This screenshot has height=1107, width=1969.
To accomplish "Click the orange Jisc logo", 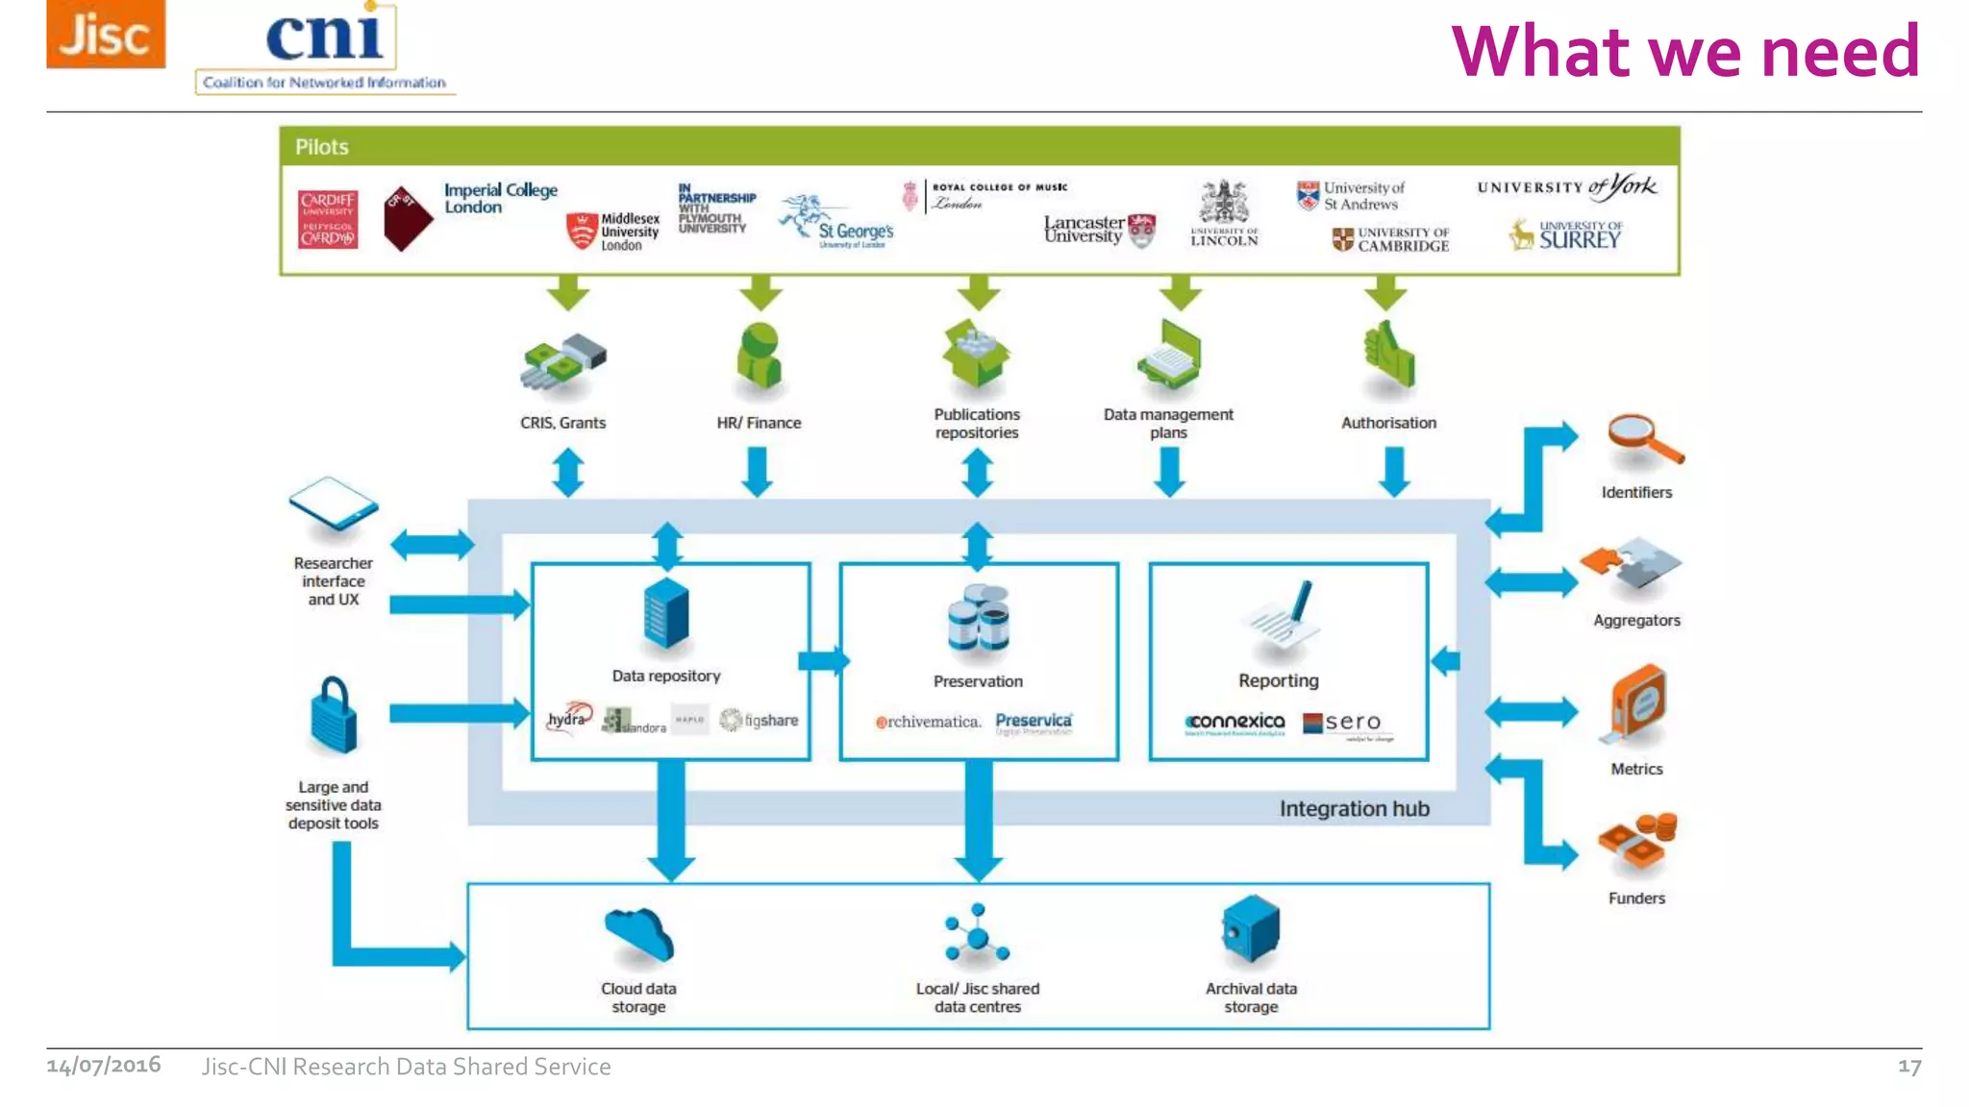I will point(106,34).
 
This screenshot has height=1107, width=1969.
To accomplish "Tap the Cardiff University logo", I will point(328,220).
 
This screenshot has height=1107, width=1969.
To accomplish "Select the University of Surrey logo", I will point(1567,235).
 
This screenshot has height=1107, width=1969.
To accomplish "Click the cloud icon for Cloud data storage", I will point(638,935).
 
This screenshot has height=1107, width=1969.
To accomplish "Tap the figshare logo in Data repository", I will point(760,720).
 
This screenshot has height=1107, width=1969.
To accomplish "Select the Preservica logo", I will point(1034,722).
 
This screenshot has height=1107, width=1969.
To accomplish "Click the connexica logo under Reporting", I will point(1234,723).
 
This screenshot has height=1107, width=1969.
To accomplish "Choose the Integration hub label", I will point(1354,809).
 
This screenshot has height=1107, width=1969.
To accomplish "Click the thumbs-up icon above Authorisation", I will point(1387,357).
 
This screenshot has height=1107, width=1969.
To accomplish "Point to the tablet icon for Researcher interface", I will point(333,504).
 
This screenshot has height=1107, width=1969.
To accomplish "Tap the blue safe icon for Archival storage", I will point(1250,929).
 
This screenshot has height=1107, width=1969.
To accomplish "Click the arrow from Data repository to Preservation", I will point(824,660).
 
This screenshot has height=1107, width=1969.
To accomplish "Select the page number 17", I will point(1909,1067).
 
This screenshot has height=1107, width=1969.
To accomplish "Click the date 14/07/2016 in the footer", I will point(104,1066).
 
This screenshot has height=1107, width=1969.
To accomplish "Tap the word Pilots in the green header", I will point(321,147).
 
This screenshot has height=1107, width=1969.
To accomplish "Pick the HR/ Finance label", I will point(759,423).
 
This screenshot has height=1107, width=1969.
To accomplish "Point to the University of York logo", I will point(1567,186).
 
